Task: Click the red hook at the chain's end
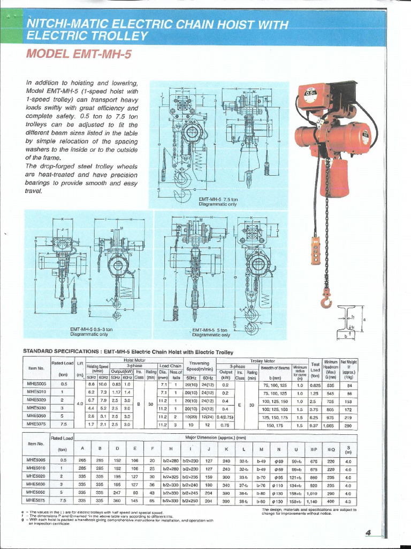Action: coord(326,298)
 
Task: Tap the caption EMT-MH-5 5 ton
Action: coord(211,330)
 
